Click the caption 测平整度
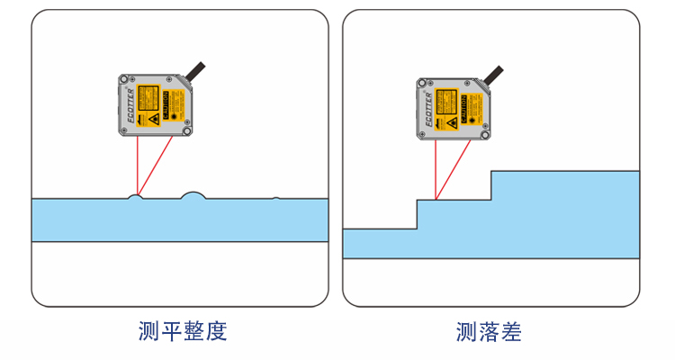pos(183,332)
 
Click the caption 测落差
pos(489,332)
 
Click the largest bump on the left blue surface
pos(193,194)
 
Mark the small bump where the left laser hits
pos(136,195)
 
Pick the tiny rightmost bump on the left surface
pos(276,197)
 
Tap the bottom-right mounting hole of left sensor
pos(186,130)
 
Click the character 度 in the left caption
pos(216,332)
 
